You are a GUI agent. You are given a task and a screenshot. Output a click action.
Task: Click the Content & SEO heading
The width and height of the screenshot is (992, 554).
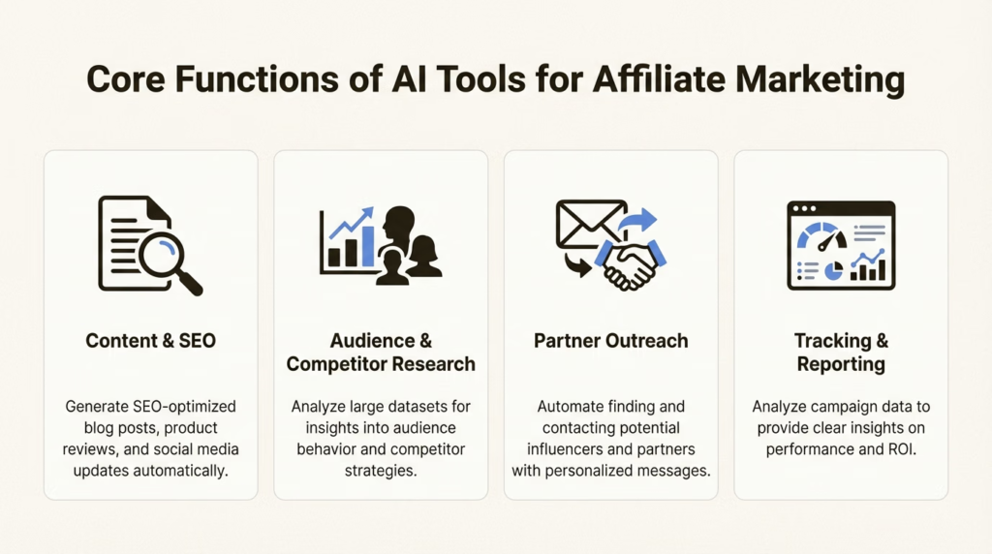(x=150, y=340)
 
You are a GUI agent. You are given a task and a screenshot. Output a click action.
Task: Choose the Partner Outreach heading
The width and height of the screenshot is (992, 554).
(x=610, y=340)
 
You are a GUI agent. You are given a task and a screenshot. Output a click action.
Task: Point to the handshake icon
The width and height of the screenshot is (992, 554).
(x=631, y=262)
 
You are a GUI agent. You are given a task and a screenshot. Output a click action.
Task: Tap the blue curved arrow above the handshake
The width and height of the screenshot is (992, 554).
(x=638, y=221)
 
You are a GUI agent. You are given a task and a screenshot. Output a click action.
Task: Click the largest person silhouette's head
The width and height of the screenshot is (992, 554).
(x=398, y=225)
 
